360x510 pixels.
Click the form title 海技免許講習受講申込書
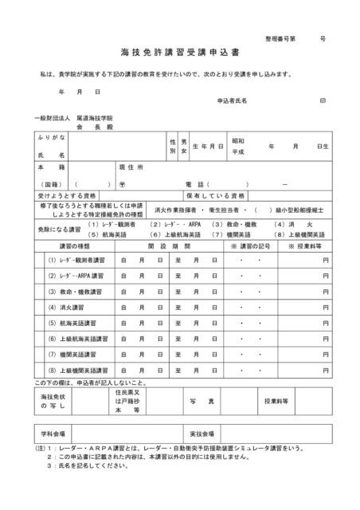[179, 58]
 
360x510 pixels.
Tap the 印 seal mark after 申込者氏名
[323, 101]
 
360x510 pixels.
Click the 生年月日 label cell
[207, 147]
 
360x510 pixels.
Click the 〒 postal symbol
[119, 182]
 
